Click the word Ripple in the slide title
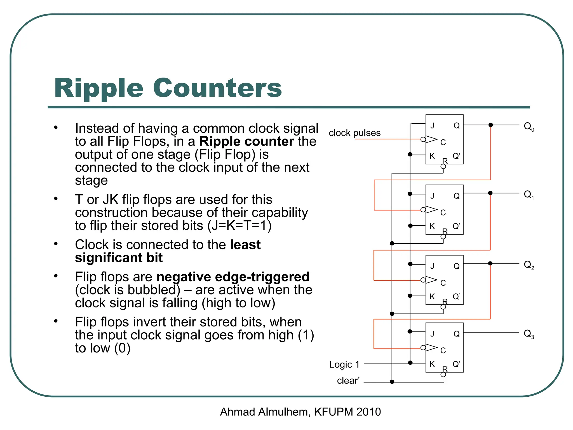pyautogui.click(x=99, y=88)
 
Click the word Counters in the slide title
pyautogui.click(x=217, y=88)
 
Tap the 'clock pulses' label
pyautogui.click(x=354, y=133)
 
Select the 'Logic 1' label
pyautogui.click(x=344, y=364)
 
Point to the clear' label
pyautogui.click(x=348, y=380)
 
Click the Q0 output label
pyautogui.click(x=529, y=127)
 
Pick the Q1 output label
pyautogui.click(x=529, y=195)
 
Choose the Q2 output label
pyautogui.click(x=529, y=265)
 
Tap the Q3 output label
pyautogui.click(x=529, y=334)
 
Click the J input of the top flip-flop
pyautogui.click(x=432, y=126)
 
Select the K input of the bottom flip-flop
pyautogui.click(x=432, y=364)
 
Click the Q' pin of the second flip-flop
pyautogui.click(x=456, y=226)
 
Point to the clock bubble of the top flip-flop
pyautogui.click(x=423, y=139)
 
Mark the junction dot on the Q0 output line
pyautogui.click(x=490, y=125)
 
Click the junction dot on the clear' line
pyautogui.click(x=392, y=382)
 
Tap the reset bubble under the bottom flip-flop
pyautogui.click(x=443, y=375)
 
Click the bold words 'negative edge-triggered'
pyautogui.click(x=233, y=277)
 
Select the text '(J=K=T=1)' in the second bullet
pyautogui.click(x=239, y=226)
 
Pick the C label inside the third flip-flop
pyautogui.click(x=443, y=283)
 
